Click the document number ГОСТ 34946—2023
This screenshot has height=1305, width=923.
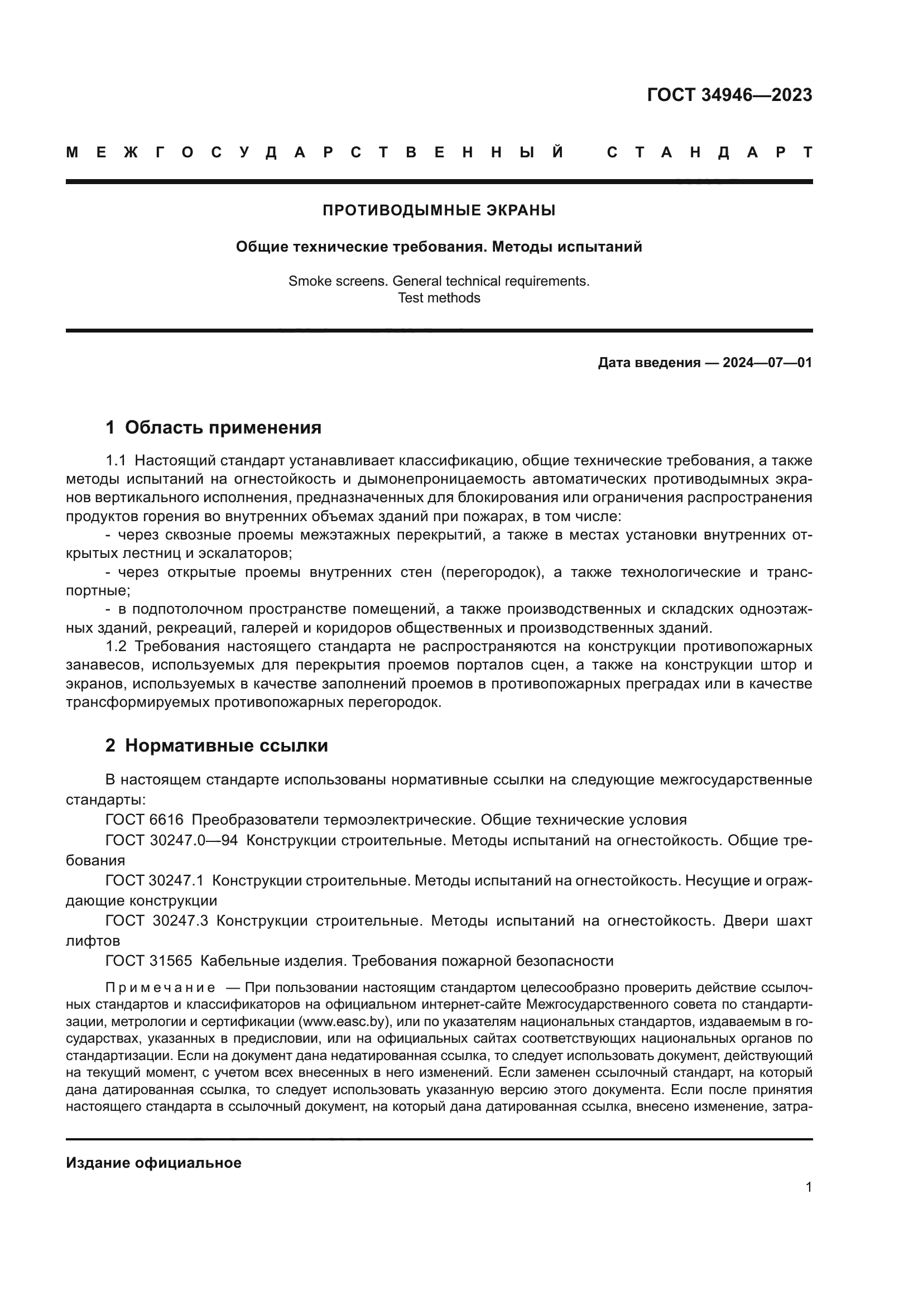point(729,95)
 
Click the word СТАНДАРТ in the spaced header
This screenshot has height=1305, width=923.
point(709,152)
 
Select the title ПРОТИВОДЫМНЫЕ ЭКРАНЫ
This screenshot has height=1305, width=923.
point(439,210)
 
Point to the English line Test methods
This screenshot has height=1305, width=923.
point(439,298)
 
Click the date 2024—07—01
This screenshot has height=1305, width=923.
point(767,363)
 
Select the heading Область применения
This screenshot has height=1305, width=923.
point(223,427)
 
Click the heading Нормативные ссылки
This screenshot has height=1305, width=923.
point(226,745)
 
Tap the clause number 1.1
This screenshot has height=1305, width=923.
point(116,460)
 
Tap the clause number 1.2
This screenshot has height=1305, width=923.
point(116,646)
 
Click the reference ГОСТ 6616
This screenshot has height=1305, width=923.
point(145,820)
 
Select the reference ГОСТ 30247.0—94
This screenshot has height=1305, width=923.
point(172,840)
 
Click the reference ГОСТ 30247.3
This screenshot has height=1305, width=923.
point(156,920)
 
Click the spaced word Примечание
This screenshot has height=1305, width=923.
point(160,988)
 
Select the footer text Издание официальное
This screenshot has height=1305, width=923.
point(153,1163)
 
